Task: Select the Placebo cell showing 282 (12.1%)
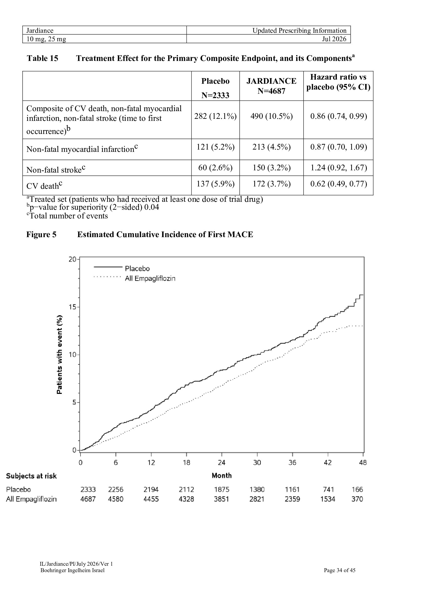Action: [215, 116]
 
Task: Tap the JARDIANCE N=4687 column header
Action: [271, 86]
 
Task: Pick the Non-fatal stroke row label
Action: [56, 169]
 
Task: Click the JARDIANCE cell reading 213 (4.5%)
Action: [271, 147]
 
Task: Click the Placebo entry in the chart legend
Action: [122, 268]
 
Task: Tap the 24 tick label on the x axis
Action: [222, 463]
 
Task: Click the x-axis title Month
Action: [222, 476]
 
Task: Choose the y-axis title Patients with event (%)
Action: [59, 354]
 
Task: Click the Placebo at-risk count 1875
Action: [222, 489]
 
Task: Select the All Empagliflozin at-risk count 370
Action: [357, 499]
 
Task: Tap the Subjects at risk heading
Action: [31, 476]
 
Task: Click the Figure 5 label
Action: [41, 235]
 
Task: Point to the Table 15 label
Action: [43, 58]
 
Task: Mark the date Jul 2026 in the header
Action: [334, 39]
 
